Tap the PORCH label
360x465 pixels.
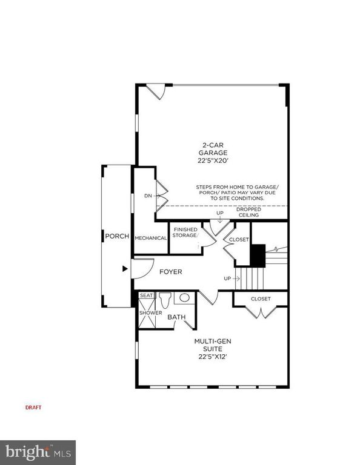(116, 236)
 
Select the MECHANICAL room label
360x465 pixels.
(151, 238)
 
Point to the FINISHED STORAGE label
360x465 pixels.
(185, 232)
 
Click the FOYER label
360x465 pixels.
(171, 272)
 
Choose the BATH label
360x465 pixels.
(176, 317)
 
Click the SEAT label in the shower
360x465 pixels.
(147, 295)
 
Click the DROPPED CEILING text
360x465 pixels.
(249, 212)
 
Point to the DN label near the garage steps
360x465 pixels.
(148, 196)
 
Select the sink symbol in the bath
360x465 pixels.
(183, 298)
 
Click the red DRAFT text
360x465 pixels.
(33, 407)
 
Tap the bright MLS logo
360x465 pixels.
(38, 452)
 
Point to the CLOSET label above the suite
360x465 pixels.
(261, 298)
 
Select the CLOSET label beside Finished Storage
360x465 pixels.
(239, 240)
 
